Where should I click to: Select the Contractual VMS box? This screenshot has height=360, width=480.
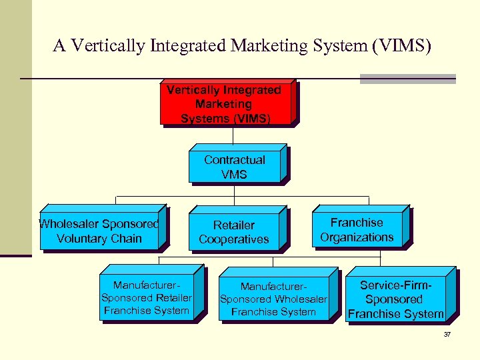(x=235, y=167)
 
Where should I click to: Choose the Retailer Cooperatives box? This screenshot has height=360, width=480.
(x=234, y=233)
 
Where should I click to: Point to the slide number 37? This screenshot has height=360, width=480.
(x=447, y=334)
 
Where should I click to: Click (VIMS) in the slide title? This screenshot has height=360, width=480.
(x=403, y=46)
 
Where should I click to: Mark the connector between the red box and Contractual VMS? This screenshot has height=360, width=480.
(x=233, y=135)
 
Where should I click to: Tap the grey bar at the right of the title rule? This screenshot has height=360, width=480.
(x=407, y=79)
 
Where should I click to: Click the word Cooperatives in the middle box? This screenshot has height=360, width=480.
(x=234, y=239)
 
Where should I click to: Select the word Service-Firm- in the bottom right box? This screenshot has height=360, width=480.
(x=395, y=285)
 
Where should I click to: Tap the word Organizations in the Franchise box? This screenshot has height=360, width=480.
(x=357, y=237)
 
